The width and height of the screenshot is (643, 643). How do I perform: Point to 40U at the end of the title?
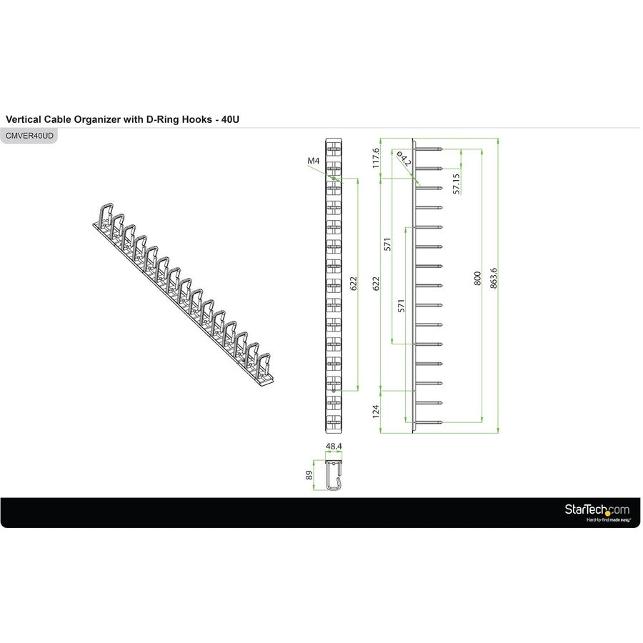229,119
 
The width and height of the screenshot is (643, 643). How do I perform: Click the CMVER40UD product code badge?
29,135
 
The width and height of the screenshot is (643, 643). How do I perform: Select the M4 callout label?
313,161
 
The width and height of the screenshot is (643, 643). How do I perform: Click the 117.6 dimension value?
377,158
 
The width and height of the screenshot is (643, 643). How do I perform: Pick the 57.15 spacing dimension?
457,184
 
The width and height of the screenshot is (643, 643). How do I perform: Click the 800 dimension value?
477,278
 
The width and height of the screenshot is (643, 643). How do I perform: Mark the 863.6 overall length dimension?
493,279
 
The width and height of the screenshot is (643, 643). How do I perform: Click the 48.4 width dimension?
334,447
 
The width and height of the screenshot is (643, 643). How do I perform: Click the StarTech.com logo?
597,509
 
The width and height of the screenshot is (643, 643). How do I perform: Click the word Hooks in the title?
194,119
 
